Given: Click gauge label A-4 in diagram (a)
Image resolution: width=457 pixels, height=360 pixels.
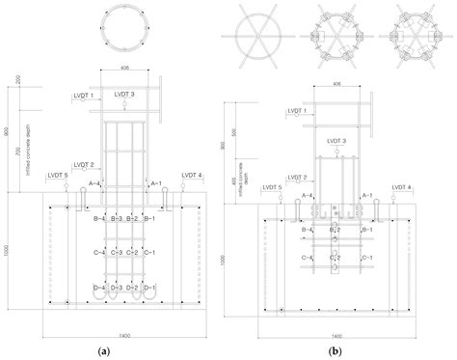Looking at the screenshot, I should (95, 182).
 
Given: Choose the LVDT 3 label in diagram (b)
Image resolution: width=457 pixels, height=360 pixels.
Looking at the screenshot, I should (337, 141).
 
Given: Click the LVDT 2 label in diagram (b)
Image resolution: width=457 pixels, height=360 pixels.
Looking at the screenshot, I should (294, 177).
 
